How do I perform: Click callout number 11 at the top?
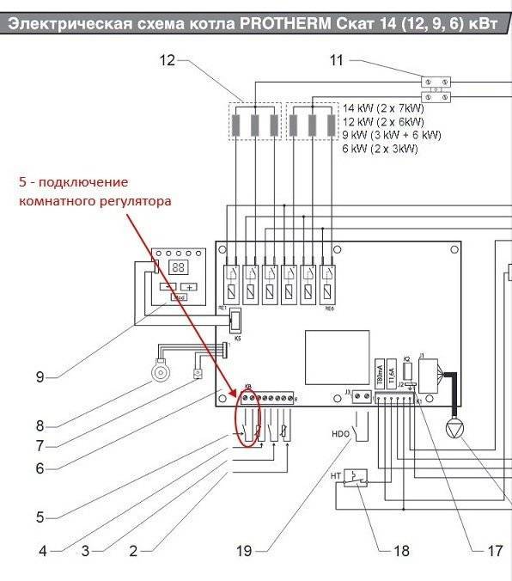click(336, 60)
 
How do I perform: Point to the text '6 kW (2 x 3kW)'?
click(380, 149)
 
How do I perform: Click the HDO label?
click(339, 435)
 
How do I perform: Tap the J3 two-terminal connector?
click(363, 397)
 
